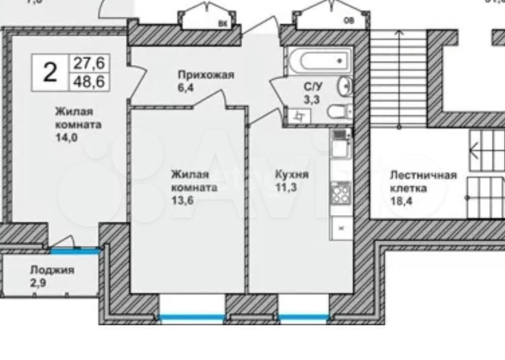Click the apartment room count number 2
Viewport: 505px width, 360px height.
coord(50,73)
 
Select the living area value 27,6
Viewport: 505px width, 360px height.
coord(89,63)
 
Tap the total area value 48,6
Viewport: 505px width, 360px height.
coord(89,82)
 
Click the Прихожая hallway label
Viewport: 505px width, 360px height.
coord(206,75)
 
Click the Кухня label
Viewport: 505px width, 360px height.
coord(292,175)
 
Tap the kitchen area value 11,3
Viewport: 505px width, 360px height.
coord(286,187)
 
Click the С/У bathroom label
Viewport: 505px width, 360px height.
coord(311,87)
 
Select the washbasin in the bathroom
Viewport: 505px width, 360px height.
coord(345,86)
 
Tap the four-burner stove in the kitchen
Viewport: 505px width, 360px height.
coord(341,193)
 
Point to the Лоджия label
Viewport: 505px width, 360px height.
coord(52,270)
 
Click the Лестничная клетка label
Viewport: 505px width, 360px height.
coord(423,182)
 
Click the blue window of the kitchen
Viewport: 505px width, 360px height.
coord(303,317)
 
